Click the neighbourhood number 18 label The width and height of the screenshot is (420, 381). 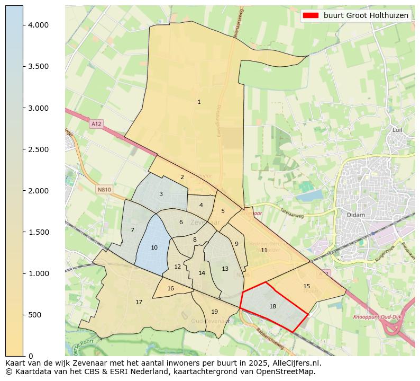272,306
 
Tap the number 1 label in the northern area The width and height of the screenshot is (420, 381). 199,102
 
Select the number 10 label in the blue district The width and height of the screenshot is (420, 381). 154,247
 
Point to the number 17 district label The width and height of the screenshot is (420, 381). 139,302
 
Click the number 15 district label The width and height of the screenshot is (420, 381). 306,286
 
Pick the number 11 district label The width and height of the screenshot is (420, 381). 264,250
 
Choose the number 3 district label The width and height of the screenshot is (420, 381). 161,194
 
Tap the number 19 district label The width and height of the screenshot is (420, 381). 214,312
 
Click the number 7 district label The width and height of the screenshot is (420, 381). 132,230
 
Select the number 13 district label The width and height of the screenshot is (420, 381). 225,269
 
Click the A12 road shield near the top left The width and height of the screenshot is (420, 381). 96,123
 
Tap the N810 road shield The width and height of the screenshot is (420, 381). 104,189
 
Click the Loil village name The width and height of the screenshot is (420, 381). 398,130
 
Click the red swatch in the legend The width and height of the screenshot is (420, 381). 311,15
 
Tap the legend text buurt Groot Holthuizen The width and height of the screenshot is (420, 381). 366,15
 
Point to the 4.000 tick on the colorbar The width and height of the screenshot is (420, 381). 38,25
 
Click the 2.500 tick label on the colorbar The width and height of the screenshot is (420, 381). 38,149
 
